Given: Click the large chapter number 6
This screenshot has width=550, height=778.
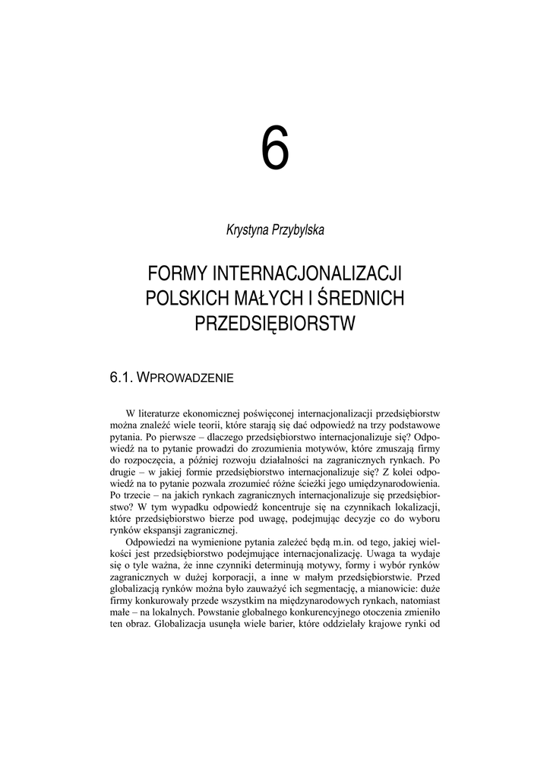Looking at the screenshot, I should pyautogui.click(x=275, y=149).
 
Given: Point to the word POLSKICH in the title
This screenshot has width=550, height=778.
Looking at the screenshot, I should pyautogui.click(x=182, y=299).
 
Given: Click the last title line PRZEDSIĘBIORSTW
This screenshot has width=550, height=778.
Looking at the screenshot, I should pyautogui.click(x=275, y=324).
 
